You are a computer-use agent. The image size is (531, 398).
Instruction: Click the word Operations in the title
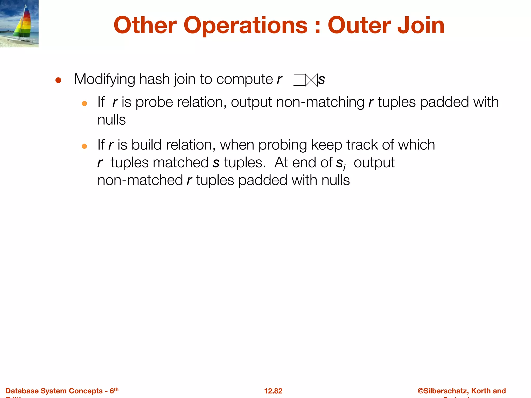tap(246, 25)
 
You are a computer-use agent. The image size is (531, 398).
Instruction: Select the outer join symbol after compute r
tap(305, 80)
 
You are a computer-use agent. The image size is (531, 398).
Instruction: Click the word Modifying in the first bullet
tap(104, 79)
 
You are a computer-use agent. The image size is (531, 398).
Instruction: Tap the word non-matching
tap(320, 102)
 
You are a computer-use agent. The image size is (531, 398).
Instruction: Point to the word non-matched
tap(140, 180)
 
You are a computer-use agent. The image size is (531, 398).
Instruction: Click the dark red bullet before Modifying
tap(58, 80)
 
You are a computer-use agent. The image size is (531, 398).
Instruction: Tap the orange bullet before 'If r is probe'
tap(84, 104)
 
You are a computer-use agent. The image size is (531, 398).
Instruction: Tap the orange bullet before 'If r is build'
tap(84, 146)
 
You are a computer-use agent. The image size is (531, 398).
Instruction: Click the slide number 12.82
tap(273, 391)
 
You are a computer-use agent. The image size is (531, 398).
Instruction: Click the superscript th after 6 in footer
tap(116, 389)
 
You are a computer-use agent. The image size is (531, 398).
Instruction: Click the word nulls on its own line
tap(111, 120)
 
